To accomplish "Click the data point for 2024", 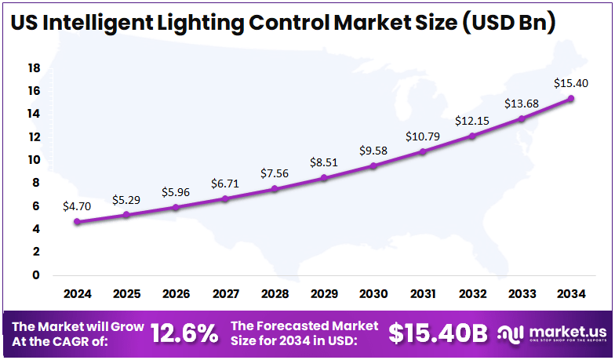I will tap(77, 222).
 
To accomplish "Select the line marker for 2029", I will tap(325, 178).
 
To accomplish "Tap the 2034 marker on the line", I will tap(571, 99).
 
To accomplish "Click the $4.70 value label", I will tap(77, 206).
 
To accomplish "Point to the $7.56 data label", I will tap(275, 173).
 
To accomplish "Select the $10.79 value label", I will tap(423, 136).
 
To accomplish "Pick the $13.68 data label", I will tap(522, 104).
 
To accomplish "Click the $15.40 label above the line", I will tap(571, 82).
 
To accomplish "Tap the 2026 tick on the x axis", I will tap(176, 295).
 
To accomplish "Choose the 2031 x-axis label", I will tap(424, 295).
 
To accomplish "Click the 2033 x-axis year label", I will tap(522, 295).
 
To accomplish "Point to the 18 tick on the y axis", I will tap(34, 68).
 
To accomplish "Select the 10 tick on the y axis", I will tap(34, 160).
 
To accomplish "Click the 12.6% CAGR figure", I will tap(184, 334).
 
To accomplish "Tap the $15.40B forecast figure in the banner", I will tap(439, 334).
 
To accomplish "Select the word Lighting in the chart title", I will tap(200, 23).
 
